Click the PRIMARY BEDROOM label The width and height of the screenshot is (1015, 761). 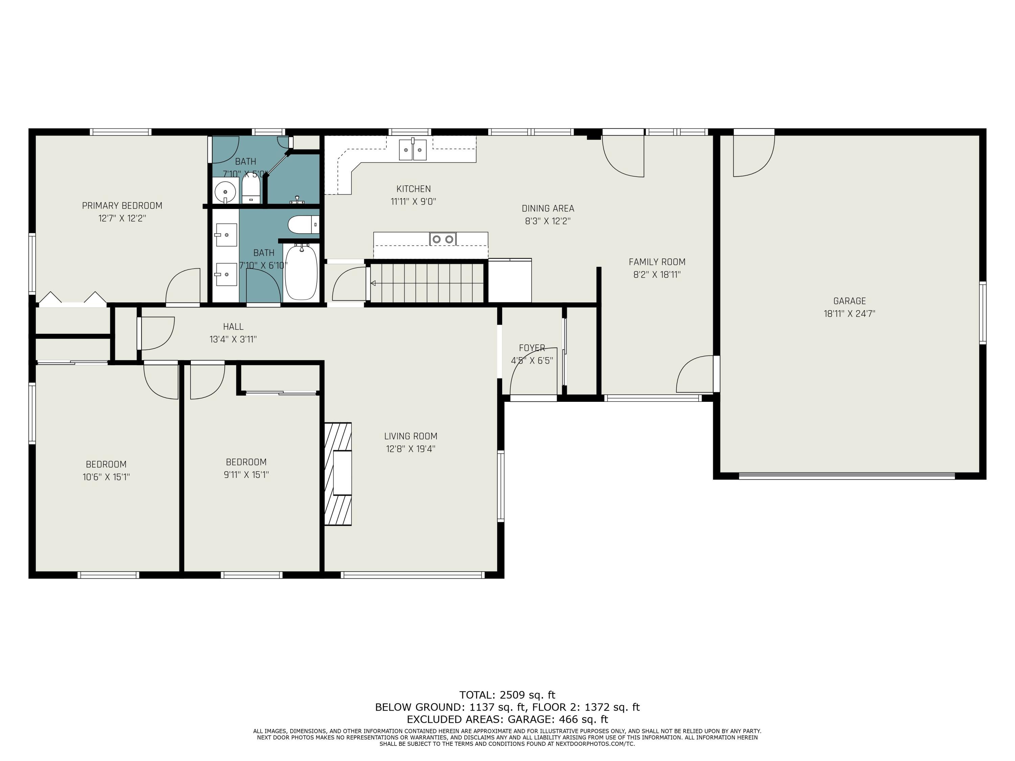(122, 206)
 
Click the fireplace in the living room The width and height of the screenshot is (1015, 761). (338, 474)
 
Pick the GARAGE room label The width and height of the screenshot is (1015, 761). (849, 301)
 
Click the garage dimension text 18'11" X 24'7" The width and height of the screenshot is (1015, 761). (849, 314)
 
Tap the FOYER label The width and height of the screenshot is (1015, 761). (532, 348)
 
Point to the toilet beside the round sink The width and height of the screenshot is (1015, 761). (251, 190)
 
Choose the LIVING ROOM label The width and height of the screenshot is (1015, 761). (411, 436)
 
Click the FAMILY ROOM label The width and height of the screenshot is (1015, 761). (657, 262)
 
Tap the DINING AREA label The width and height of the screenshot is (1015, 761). (548, 208)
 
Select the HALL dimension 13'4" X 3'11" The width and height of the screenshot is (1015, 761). (233, 340)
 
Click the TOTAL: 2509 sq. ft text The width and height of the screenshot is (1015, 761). (507, 695)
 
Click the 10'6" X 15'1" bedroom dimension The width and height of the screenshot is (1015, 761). (106, 477)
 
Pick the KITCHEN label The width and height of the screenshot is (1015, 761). (413, 188)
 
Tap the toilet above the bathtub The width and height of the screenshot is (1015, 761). (303, 225)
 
